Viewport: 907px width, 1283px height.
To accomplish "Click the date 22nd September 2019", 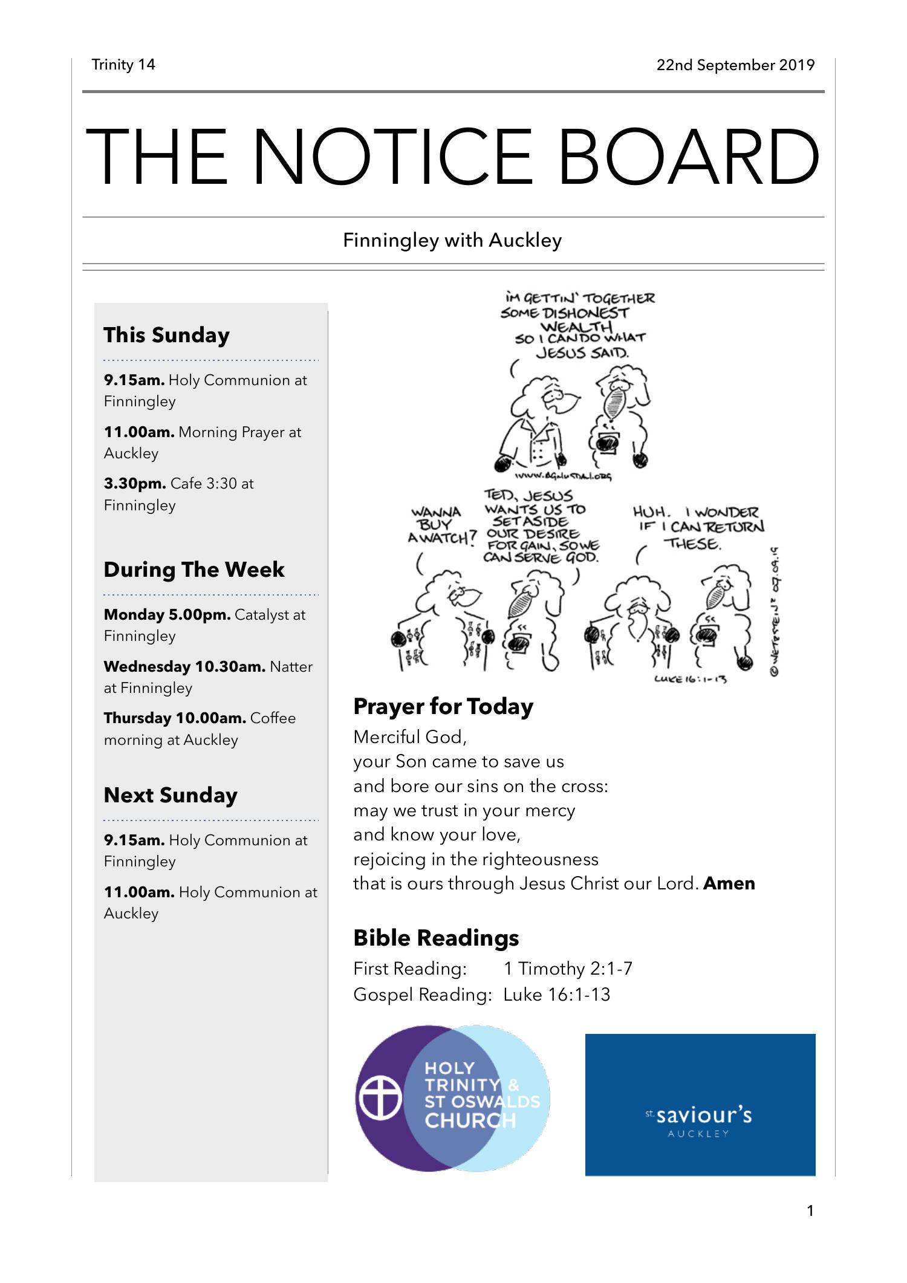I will (x=735, y=65).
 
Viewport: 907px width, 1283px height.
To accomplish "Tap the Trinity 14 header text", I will (x=123, y=65).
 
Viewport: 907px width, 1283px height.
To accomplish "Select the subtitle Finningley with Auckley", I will (x=452, y=240).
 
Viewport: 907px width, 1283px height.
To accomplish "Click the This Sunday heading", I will (x=166, y=335).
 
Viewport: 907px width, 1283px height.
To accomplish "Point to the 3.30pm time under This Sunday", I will (x=135, y=484).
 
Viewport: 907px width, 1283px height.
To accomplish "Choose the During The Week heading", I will (x=193, y=570).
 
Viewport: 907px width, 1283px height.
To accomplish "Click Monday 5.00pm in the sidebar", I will (x=167, y=615).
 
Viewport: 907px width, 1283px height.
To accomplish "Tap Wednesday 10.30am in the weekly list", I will (x=184, y=667).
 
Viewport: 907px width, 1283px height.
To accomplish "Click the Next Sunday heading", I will (x=170, y=795).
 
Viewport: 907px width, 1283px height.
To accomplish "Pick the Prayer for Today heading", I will (x=443, y=706).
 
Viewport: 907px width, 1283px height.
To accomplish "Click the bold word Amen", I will (x=729, y=883).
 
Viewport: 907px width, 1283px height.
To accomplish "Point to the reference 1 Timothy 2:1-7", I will (x=568, y=969).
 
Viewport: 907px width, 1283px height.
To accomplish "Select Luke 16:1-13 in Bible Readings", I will (x=556, y=995).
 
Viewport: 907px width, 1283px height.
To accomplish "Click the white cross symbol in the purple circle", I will (x=380, y=1098).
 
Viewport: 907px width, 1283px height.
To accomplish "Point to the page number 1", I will (x=810, y=1210).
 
